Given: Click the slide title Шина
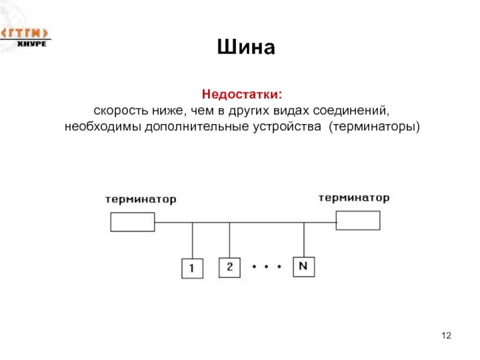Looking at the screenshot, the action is point(246,47).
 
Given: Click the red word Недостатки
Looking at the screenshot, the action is point(242,95).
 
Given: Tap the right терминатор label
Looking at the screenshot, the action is point(354,197).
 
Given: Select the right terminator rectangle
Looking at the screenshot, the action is point(358,220).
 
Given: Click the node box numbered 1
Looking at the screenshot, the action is point(192,269).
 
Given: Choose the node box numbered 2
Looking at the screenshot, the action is point(229,266).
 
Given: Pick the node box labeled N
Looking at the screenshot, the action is point(304,266).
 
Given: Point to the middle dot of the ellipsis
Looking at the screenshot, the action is point(266,265).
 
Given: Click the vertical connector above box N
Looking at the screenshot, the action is point(304,240).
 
